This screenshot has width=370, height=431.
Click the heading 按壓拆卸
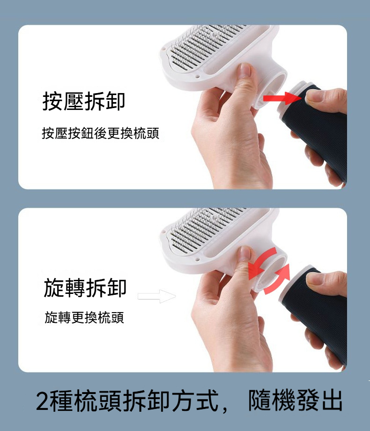coord(84,101)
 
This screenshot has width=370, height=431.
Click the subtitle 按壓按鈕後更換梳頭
coord(100,133)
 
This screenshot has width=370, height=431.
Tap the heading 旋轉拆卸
coord(85,287)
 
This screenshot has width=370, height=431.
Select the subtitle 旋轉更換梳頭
coord(84,317)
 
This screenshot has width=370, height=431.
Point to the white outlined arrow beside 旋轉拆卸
coord(156,296)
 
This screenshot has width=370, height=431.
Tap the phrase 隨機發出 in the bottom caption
coord(295,400)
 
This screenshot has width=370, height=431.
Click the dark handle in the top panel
coord(316,135)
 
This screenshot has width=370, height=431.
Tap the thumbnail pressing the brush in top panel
coord(244,70)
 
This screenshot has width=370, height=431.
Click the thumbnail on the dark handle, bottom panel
coord(316,278)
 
